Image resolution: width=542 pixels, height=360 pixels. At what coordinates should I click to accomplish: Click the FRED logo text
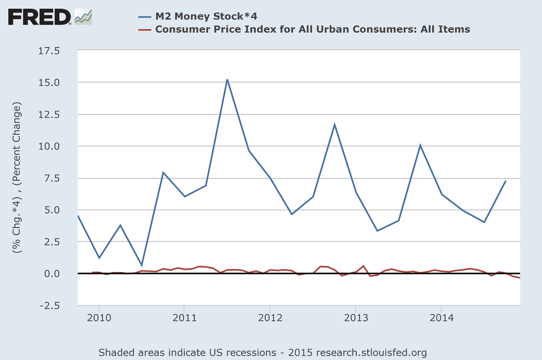(x=39, y=17)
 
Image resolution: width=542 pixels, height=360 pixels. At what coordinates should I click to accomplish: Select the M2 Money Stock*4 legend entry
(x=206, y=16)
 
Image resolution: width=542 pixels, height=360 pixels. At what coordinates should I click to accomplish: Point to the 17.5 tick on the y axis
(x=49, y=51)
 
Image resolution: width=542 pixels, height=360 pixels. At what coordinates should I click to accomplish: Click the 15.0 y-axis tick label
(x=49, y=83)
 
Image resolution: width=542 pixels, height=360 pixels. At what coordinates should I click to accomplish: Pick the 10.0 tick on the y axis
(x=49, y=146)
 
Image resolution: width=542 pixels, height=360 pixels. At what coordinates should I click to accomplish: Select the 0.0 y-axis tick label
(x=52, y=274)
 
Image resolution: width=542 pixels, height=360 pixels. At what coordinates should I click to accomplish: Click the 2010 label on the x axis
(x=99, y=318)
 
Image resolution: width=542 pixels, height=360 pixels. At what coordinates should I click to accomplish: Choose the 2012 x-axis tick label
(x=270, y=318)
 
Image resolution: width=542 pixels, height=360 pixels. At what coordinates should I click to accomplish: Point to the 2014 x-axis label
(x=441, y=318)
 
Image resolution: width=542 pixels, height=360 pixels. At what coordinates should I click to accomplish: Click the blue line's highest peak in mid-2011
(x=227, y=80)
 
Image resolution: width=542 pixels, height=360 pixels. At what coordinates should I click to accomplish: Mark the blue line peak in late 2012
(x=335, y=124)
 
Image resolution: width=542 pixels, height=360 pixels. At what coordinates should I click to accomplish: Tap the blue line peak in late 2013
(x=420, y=145)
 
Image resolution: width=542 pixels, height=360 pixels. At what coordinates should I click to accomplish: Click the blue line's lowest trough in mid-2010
(x=142, y=265)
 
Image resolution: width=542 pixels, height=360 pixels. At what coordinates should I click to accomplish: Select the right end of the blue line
(x=505, y=181)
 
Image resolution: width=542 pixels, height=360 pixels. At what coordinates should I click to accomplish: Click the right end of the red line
(x=519, y=278)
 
